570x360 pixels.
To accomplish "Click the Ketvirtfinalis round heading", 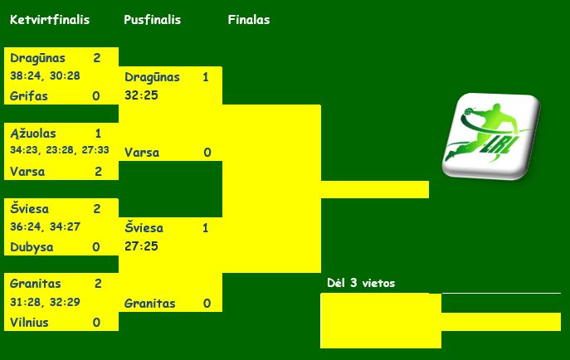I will [x=50, y=20].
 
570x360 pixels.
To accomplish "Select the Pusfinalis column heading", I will [x=152, y=20].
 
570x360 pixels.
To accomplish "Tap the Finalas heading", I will [x=249, y=20].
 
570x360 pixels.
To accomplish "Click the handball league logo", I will [x=490, y=135].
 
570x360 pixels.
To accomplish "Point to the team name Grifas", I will [x=29, y=96].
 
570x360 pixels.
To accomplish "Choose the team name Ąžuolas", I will [x=33, y=133].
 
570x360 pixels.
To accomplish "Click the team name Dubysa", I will [x=32, y=246].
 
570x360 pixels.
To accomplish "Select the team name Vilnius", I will [x=31, y=322].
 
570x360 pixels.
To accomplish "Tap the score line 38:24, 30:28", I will [x=45, y=75].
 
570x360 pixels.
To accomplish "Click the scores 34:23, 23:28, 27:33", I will [x=60, y=151].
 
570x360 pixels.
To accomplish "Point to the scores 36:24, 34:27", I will [x=45, y=226].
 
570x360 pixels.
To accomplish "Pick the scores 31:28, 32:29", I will [x=45, y=302].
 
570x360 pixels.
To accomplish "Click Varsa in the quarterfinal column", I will [x=27, y=172].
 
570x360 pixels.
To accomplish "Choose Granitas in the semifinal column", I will [x=150, y=304].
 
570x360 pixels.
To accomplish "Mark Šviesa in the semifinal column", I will [x=144, y=227].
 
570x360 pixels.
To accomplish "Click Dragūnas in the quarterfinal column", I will [x=38, y=58].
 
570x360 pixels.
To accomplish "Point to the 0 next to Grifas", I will [x=96, y=96].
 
